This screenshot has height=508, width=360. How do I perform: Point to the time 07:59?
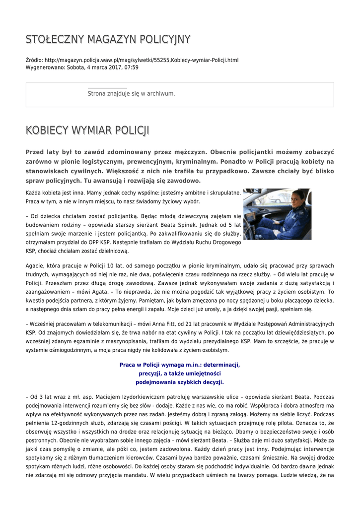pyautogui.click(x=131, y=67)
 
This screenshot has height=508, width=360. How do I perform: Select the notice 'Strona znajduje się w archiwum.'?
pyautogui.click(x=131, y=93)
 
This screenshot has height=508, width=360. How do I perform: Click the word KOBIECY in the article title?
pyautogui.click(x=47, y=130)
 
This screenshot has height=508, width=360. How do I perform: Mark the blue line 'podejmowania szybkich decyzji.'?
pyautogui.click(x=180, y=382)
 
